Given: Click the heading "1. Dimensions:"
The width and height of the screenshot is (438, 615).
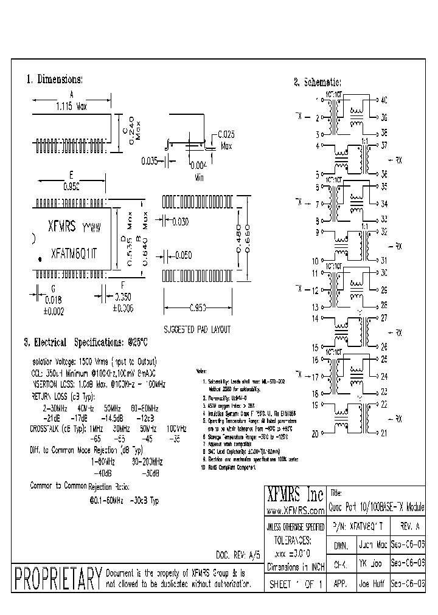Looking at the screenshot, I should click(54, 80).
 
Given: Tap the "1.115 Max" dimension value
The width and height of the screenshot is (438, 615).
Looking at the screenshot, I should click(72, 107).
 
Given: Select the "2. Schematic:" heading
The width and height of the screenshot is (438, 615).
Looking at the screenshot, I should click(317, 83).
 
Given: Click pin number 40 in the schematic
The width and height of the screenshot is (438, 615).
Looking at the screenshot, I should click(383, 99).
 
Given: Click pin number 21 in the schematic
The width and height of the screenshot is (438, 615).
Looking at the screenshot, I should click(383, 433).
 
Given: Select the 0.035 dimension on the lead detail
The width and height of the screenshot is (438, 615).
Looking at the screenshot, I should click(150, 161).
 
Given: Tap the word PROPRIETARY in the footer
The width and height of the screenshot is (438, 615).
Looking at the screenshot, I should click(57, 579).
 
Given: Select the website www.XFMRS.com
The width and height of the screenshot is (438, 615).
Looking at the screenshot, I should click(295, 509).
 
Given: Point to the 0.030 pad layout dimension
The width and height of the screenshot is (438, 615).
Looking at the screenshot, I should click(181, 222).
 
